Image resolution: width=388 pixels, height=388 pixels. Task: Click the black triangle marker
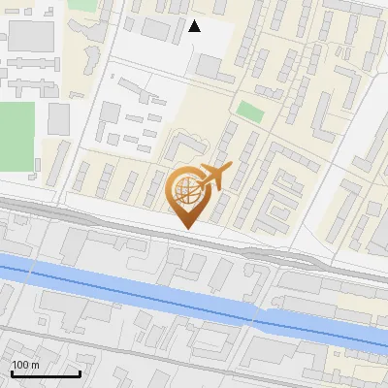195,26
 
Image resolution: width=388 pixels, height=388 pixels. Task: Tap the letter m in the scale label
35,365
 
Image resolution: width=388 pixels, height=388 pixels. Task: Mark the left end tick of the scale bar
11,372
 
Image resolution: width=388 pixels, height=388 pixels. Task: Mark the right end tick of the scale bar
80,372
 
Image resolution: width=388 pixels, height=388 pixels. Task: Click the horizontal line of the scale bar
45,374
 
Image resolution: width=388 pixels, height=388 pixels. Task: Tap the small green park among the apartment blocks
250,111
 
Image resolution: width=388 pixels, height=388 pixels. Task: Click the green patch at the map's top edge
82,5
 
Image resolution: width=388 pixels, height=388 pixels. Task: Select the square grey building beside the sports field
59,118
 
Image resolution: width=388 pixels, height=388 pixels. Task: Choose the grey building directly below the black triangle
209,67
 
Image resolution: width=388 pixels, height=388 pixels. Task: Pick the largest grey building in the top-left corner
31,37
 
